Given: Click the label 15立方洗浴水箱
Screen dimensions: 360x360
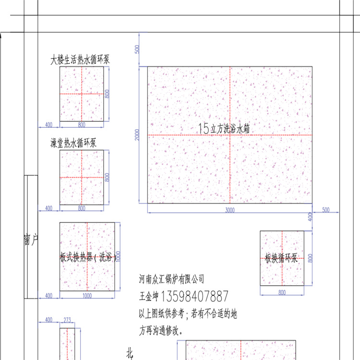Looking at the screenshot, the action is click(224, 128).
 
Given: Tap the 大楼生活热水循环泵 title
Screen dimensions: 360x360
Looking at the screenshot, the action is click(81, 60).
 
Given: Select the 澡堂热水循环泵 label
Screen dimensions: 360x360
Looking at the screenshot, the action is click(74, 143).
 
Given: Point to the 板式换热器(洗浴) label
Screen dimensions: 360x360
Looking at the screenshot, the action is click(86, 257).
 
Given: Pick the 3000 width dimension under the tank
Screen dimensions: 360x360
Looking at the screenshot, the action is click(229, 210).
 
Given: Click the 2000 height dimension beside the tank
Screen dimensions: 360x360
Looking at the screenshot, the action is click(137, 135).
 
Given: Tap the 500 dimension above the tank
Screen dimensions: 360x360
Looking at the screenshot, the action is click(137, 49).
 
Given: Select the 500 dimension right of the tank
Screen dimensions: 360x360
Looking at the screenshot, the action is click(325, 210).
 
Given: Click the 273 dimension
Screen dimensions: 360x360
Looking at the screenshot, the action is click(67, 320).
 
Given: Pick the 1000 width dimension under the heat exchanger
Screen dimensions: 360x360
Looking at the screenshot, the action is click(87, 296).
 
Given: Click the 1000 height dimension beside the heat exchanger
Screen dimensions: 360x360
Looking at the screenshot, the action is click(118, 256).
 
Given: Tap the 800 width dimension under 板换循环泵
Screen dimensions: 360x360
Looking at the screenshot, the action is click(281, 292).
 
